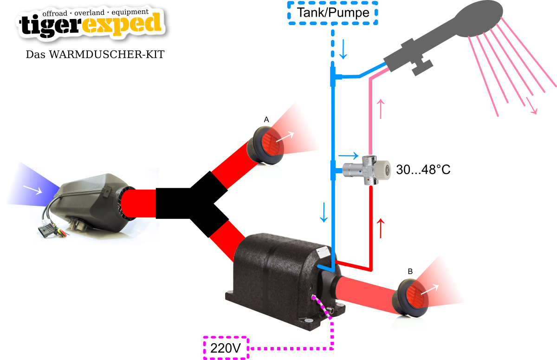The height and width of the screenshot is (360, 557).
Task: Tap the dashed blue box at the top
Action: [332, 13]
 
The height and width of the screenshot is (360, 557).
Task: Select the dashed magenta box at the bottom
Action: [226, 347]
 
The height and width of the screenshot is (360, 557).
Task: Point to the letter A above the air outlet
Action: [266, 120]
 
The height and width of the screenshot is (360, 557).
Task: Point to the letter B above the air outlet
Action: [410, 271]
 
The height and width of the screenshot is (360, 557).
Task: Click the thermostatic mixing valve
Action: [367, 170]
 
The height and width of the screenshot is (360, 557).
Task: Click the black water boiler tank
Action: [278, 279]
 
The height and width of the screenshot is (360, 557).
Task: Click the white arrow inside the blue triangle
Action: [32, 189]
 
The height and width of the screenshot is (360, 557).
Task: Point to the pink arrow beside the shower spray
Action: [532, 106]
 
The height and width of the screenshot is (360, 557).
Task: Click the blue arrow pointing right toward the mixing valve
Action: [349, 156]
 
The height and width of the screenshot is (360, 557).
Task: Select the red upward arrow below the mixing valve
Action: [381, 228]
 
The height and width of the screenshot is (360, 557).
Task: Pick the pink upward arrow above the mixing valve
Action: [381, 109]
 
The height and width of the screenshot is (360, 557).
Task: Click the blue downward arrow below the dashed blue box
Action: [343, 49]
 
